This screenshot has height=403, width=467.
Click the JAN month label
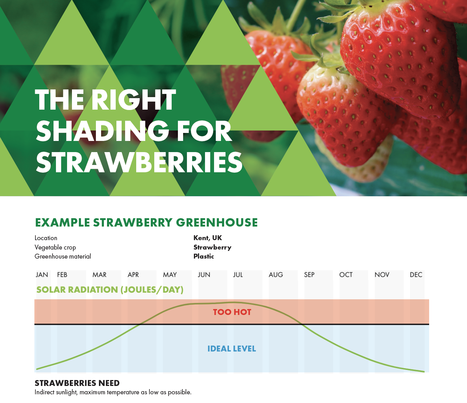point(42,275)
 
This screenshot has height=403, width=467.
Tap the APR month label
point(133,275)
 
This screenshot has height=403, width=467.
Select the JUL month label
point(238,275)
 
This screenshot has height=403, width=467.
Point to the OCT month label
point(346,275)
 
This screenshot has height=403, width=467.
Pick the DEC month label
point(416,275)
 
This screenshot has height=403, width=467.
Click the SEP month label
point(309,275)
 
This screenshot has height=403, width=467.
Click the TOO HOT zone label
point(232,312)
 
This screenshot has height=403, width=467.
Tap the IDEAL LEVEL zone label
point(231,349)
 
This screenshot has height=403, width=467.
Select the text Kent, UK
point(207,238)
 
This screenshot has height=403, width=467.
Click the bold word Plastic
point(204,256)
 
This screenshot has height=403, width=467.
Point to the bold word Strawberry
point(212,247)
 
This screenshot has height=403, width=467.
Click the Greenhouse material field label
point(63,256)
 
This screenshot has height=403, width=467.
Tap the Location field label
point(46,238)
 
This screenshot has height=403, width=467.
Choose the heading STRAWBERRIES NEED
point(77,383)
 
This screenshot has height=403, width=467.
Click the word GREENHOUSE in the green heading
point(217,223)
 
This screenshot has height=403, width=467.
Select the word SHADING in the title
point(103,132)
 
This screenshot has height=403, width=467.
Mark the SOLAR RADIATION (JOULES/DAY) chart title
point(110,290)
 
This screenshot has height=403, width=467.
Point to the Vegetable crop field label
point(55,247)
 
